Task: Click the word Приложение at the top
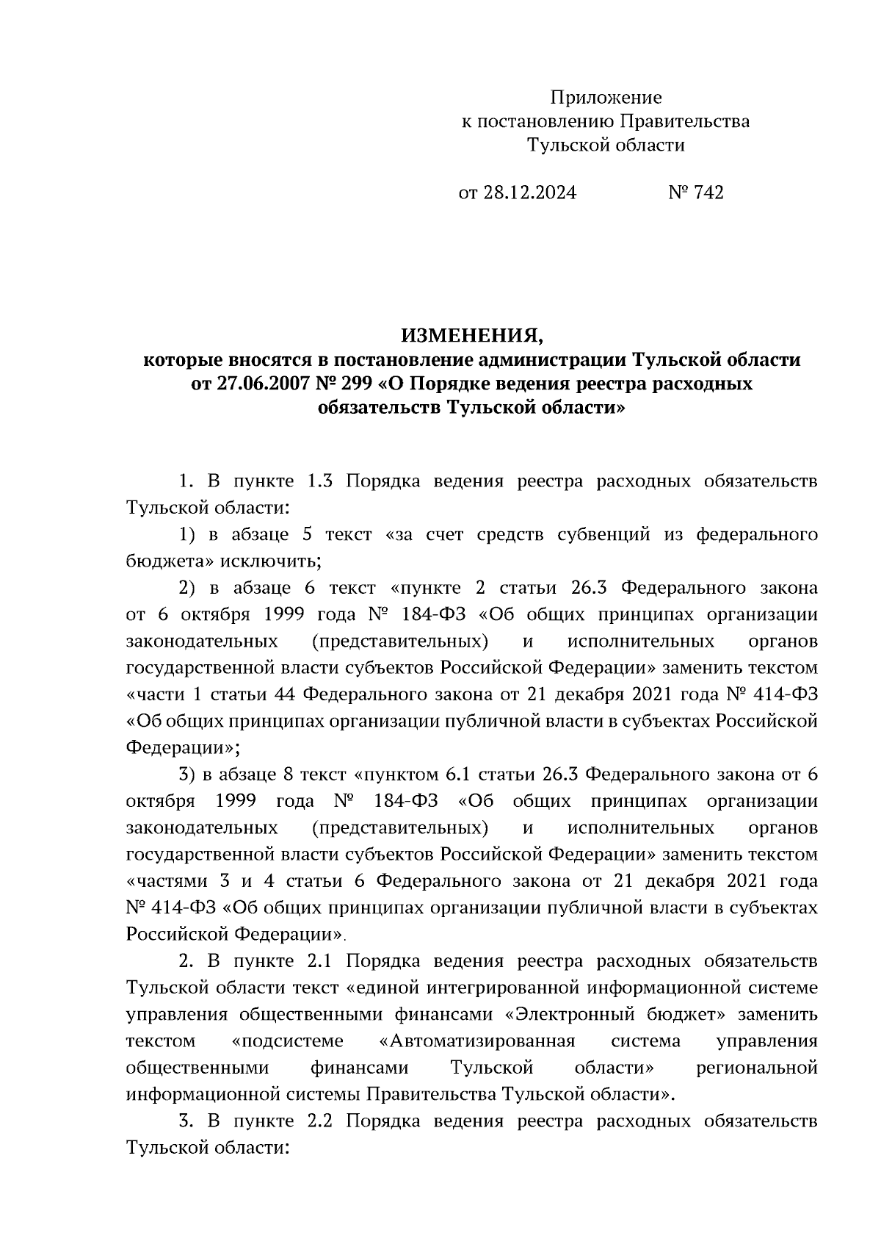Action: click(x=606, y=98)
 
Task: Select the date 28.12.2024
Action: click(x=529, y=193)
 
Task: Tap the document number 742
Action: click(x=708, y=193)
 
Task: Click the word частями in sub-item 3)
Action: click(x=164, y=881)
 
